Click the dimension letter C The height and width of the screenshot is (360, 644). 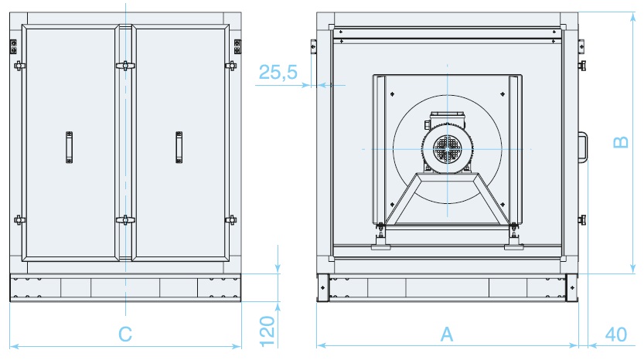pos(125,335)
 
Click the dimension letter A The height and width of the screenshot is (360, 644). pos(447,335)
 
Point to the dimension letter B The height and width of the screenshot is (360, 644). pos(621,142)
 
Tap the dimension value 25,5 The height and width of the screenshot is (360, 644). pos(278,73)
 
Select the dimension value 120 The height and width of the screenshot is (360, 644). pos(267,331)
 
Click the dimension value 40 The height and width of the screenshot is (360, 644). pos(616,335)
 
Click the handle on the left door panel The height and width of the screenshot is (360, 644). pos(69,148)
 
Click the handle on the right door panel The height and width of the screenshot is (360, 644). pos(179,148)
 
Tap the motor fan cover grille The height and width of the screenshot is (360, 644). pos(447,148)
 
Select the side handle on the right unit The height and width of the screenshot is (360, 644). pos(582,147)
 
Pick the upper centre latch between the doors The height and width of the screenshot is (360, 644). pos(125,66)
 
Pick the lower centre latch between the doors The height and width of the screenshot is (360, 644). pos(125,220)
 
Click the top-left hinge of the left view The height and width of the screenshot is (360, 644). pos(14,46)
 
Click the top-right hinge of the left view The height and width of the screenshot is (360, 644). pos(237,46)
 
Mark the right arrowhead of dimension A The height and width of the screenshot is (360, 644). pos(574,345)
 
